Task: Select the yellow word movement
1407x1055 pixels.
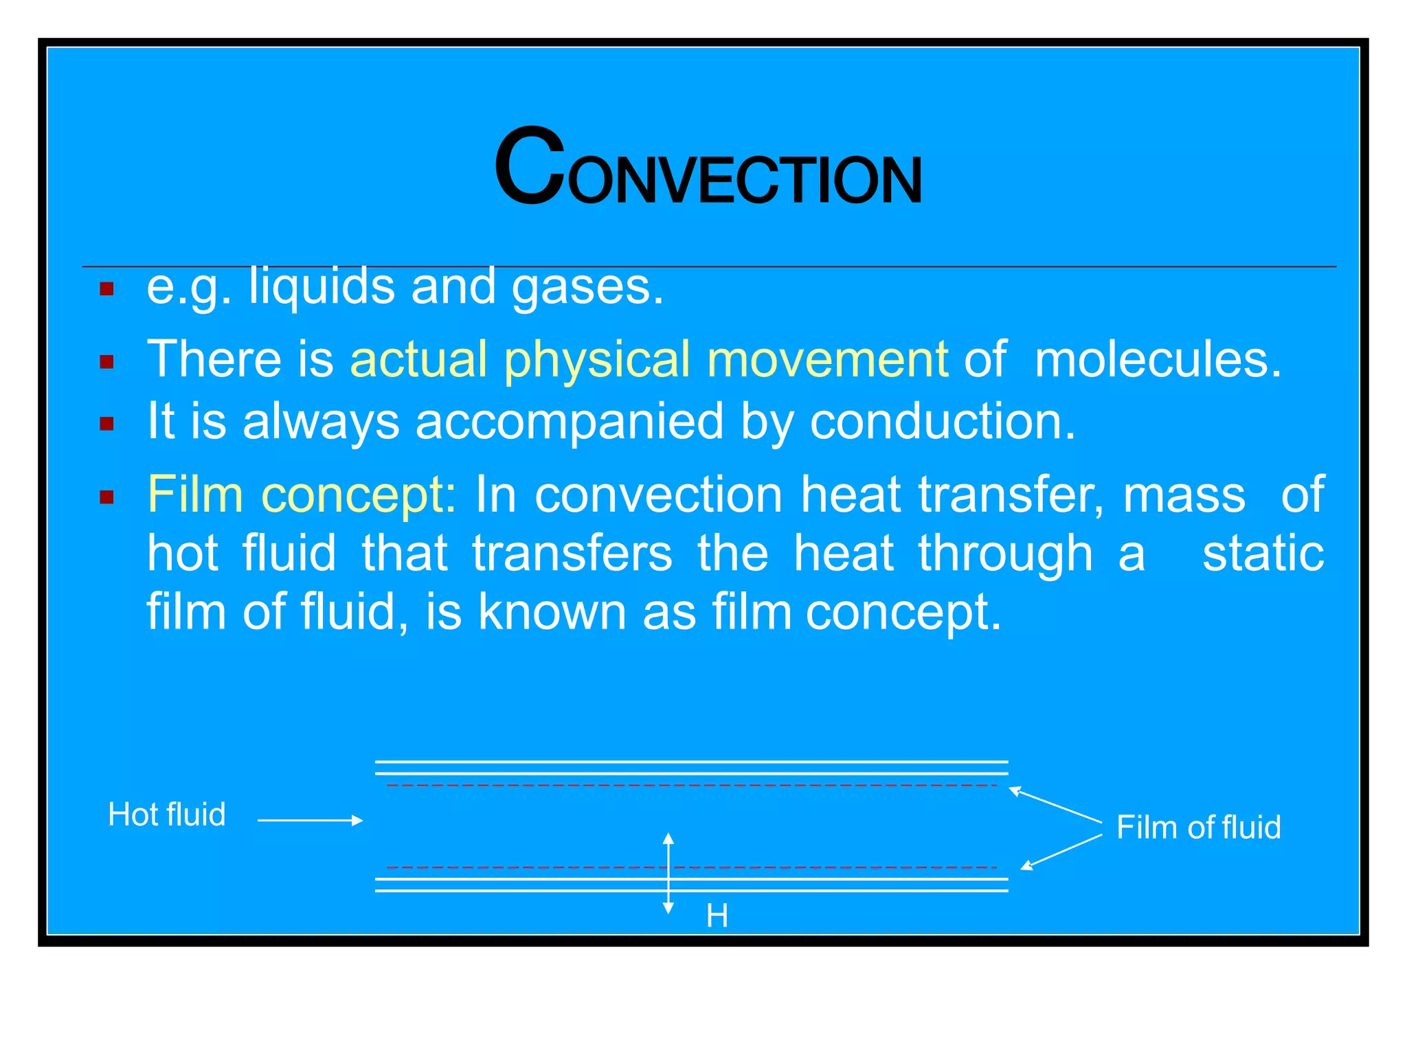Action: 827,359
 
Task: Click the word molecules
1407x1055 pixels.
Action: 1157,359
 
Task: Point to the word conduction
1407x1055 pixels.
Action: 942,421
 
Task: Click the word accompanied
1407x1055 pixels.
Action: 569,421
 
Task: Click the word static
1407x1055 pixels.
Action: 1263,553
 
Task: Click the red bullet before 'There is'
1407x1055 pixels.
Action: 106,361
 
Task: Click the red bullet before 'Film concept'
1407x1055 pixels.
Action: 106,497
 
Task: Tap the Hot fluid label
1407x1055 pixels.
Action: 167,815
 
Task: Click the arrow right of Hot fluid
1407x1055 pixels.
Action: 310,820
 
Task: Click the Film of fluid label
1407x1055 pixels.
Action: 1198,827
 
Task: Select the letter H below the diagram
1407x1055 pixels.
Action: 717,916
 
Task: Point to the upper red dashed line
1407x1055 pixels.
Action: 690,785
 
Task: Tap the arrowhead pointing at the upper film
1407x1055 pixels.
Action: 1015,791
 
